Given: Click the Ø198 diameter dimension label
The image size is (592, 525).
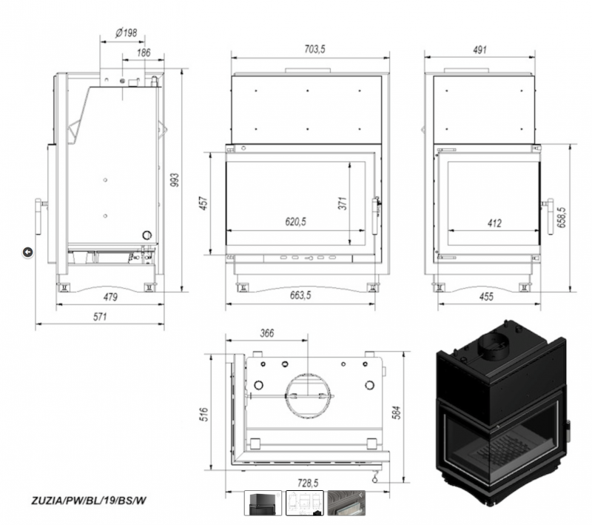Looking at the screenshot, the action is [126, 33].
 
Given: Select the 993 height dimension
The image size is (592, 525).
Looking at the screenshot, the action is [175, 180].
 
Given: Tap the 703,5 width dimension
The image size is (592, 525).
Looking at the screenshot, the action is [314, 49].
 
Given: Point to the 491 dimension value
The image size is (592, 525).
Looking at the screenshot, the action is [480, 50].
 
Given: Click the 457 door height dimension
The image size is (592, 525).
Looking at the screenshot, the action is [203, 203].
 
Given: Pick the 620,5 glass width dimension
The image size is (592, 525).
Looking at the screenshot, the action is [295, 221].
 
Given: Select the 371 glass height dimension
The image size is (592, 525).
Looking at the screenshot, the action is [343, 203].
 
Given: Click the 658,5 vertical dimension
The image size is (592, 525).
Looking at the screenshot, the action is [561, 217].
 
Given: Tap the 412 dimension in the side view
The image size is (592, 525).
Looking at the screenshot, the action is [494, 223].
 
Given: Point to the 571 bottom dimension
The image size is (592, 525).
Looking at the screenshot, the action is [100, 316].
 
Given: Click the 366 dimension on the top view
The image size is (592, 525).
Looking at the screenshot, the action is [267, 333].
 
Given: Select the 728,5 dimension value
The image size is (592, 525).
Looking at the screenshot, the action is [308, 483].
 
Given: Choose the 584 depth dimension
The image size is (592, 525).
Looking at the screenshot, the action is [397, 412].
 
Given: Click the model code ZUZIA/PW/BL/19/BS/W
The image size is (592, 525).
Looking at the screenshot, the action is [88, 501].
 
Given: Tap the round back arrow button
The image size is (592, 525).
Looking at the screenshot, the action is [27, 252].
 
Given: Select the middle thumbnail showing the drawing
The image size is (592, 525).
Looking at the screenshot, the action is [305, 503].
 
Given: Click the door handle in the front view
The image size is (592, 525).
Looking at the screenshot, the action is [376, 215].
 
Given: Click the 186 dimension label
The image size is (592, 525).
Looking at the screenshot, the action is [144, 53].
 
